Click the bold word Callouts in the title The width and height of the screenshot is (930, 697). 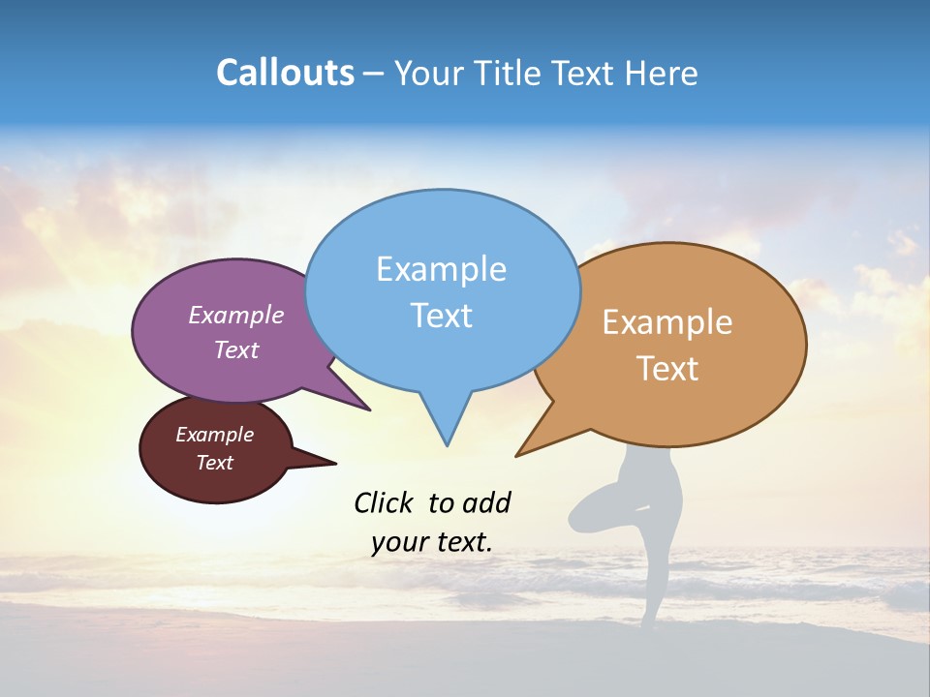coord(286,73)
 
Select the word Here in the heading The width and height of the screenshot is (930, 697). coord(663,73)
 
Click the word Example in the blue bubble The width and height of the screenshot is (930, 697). coord(441,268)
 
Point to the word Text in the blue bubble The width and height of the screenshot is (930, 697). coord(441,315)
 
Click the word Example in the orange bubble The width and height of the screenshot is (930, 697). coord(667,322)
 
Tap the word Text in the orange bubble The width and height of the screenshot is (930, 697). coord(667,369)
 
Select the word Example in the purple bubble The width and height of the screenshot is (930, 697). coord(235,315)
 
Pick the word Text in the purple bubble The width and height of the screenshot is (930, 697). coord(235,349)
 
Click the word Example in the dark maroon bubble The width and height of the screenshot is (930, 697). coord(214,435)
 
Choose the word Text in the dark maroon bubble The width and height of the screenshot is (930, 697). coord(214,463)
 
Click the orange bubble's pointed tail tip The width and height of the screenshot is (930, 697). coord(517,455)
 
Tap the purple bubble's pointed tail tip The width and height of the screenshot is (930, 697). coord(369,409)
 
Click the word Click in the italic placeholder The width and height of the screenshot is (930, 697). coord(385,502)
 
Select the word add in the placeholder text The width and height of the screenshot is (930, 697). coord(485,502)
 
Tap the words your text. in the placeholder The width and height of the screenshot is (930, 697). coord(432,541)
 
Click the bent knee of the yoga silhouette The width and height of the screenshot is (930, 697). coord(575,518)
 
